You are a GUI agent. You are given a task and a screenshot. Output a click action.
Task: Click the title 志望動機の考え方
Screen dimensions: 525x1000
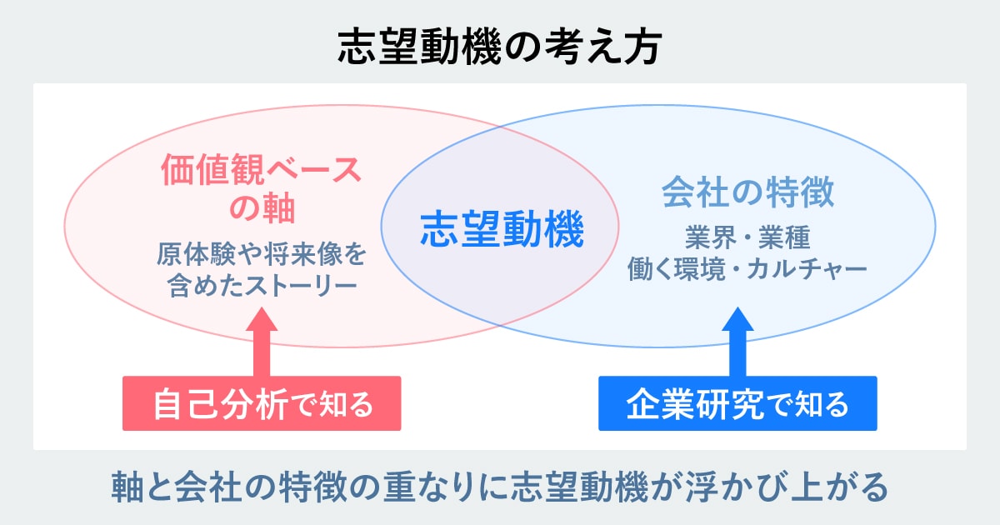pos(499,47)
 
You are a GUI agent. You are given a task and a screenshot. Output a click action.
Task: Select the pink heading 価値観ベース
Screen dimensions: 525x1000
pos(262,172)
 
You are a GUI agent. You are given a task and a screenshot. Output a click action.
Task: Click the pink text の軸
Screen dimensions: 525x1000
pos(262,208)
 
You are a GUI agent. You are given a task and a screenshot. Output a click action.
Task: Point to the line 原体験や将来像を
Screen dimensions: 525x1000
pos(262,253)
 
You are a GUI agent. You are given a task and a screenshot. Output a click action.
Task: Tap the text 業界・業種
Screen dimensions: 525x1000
pos(747,238)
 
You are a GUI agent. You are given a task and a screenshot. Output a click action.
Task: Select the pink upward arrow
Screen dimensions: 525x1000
pos(262,342)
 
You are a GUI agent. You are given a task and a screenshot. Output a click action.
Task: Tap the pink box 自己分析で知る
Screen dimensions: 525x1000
pos(262,404)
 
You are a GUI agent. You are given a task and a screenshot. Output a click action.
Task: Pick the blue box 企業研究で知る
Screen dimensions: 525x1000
pos(737,404)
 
